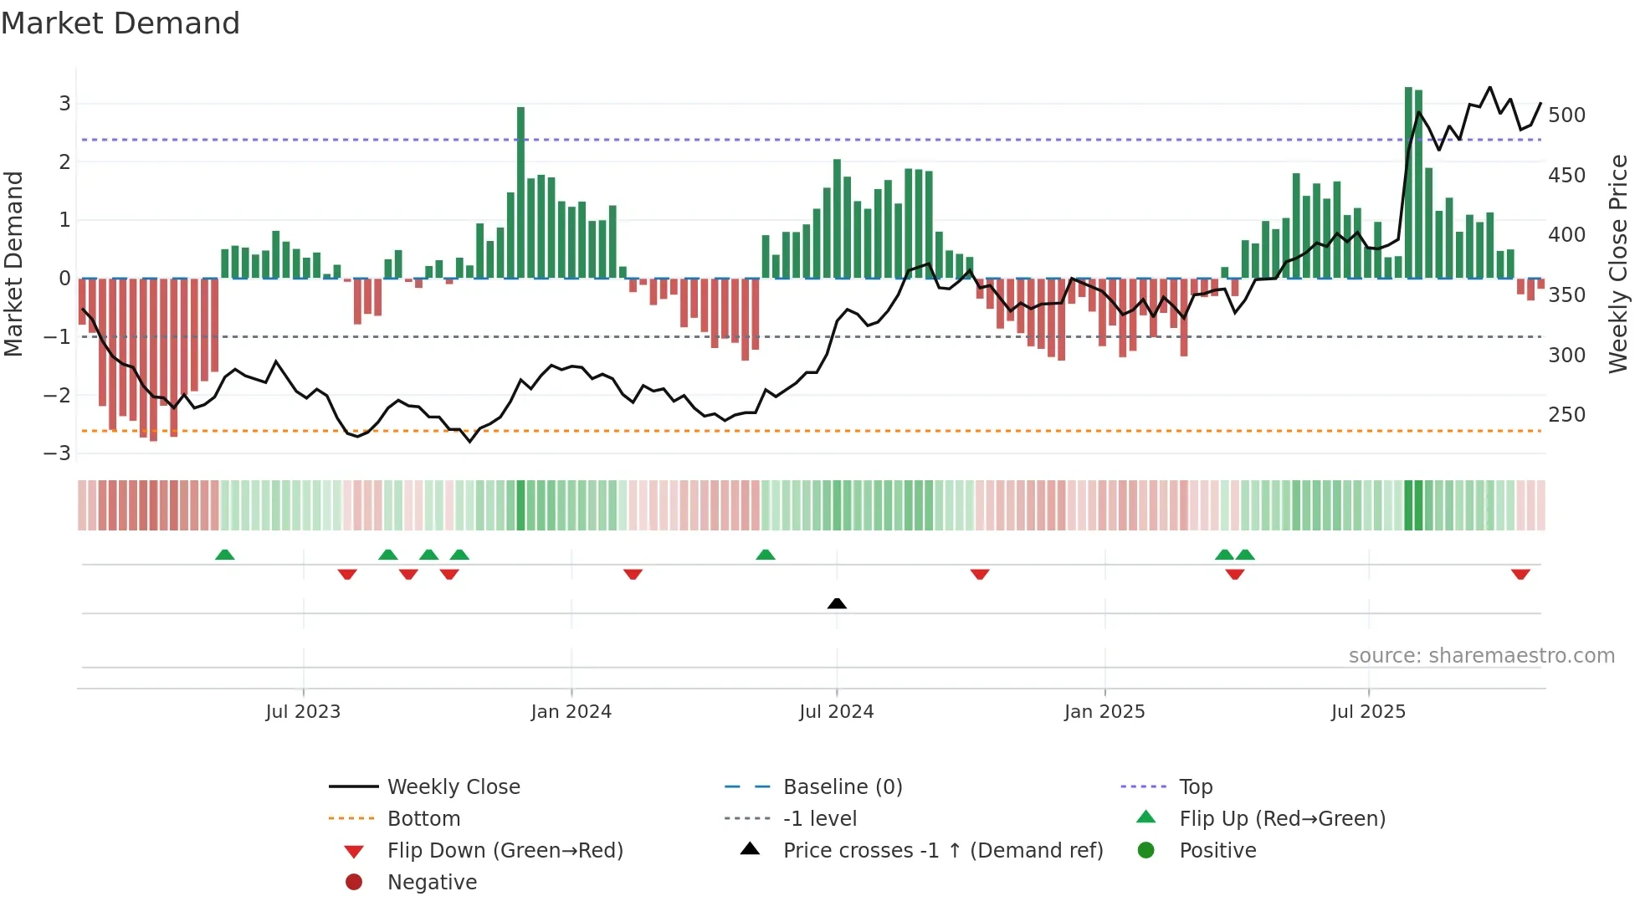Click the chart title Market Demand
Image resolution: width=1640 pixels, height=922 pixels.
click(120, 23)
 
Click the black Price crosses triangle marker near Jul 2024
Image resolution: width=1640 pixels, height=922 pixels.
click(837, 603)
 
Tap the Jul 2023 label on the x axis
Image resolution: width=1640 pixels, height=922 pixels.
click(303, 712)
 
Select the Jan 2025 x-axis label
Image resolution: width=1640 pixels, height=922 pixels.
click(1104, 712)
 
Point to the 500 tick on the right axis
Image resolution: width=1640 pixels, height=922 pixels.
click(1566, 115)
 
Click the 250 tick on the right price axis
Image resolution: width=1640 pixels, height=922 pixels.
click(1566, 415)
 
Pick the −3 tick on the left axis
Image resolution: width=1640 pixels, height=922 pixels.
click(57, 453)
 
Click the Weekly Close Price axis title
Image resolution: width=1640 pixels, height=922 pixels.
click(1618, 264)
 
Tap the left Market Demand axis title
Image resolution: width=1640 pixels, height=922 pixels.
click(13, 264)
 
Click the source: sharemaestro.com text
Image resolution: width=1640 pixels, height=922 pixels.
click(1481, 656)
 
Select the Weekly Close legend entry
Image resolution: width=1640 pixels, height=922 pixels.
click(453, 787)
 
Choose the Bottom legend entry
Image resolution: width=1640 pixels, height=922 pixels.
click(423, 819)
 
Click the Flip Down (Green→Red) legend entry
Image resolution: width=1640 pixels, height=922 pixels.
click(505, 851)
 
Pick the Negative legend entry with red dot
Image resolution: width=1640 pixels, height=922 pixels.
click(432, 883)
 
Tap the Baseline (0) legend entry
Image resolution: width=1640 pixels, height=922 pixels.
click(842, 787)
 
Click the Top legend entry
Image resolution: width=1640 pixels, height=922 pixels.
click(1196, 787)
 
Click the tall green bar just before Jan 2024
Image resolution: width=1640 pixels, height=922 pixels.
click(520, 192)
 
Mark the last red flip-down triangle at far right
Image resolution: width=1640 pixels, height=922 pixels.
click(1520, 574)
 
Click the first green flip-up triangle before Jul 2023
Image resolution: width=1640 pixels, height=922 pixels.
click(224, 555)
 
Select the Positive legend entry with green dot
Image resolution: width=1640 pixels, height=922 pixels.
click(1217, 851)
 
